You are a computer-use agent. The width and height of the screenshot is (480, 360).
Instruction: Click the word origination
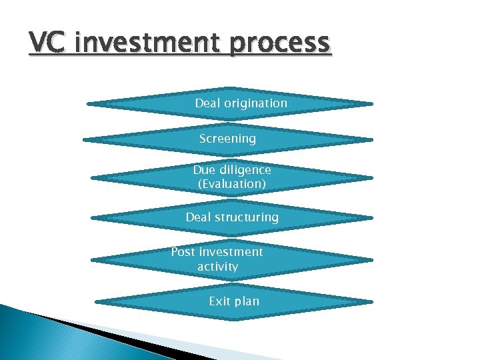click(x=255, y=103)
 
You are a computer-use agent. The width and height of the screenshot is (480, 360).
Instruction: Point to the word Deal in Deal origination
click(x=207, y=103)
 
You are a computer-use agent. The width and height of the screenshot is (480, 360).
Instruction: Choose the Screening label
click(x=227, y=139)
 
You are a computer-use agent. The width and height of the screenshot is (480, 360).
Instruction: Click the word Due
click(x=205, y=170)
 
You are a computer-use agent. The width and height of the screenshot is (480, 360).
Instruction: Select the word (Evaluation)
click(x=232, y=183)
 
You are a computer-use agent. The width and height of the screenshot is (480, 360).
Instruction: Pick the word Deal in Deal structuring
click(x=198, y=217)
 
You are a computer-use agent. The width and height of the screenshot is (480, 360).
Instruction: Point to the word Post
click(x=183, y=252)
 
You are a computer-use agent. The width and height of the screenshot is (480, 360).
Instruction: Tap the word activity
click(x=217, y=267)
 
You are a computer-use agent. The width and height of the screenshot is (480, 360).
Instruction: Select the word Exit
click(x=219, y=301)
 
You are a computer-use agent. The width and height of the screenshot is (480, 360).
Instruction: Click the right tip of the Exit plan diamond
click(x=373, y=301)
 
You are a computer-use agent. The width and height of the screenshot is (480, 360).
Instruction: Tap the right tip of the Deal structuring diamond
click(x=373, y=217)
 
